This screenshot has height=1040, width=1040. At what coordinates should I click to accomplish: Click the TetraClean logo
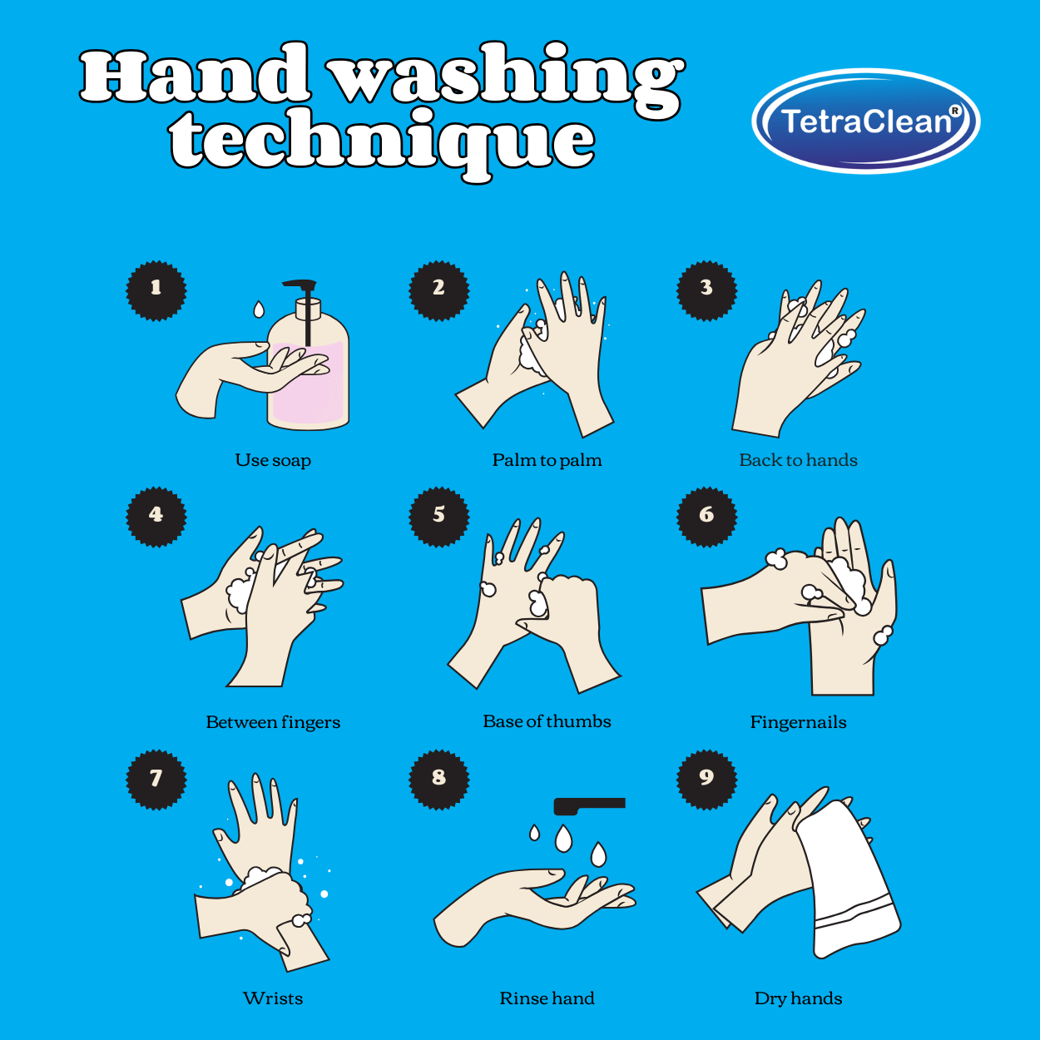pyautogui.click(x=865, y=121)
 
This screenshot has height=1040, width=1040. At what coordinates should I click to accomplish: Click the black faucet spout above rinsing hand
pyautogui.click(x=589, y=805)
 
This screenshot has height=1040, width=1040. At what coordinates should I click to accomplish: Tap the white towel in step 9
pyautogui.click(x=849, y=882)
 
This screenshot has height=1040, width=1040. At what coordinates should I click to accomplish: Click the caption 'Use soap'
pyautogui.click(x=273, y=460)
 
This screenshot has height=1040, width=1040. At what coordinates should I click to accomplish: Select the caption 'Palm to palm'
pyautogui.click(x=547, y=460)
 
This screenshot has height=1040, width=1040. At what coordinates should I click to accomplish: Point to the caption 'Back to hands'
pyautogui.click(x=798, y=460)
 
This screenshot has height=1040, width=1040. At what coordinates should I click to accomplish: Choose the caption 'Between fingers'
pyautogui.click(x=273, y=722)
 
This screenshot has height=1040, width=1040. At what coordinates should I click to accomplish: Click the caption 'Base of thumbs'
pyautogui.click(x=547, y=721)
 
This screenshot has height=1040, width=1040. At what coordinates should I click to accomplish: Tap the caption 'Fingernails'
pyautogui.click(x=798, y=722)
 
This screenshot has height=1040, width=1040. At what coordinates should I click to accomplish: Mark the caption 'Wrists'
pyautogui.click(x=273, y=998)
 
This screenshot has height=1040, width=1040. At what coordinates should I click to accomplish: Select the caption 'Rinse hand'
pyautogui.click(x=547, y=998)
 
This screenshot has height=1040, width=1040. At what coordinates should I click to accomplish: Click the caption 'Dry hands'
pyautogui.click(x=798, y=998)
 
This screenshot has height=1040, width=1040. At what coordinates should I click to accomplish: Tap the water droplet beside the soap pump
pyautogui.click(x=259, y=310)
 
